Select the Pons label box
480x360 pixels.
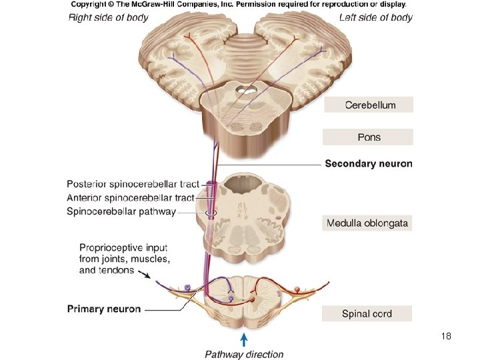pyautogui.click(x=368, y=137)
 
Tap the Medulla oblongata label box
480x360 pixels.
pyautogui.click(x=367, y=223)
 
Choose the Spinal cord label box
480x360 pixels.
pyautogui.click(x=367, y=313)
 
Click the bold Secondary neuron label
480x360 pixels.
pyautogui.click(x=368, y=163)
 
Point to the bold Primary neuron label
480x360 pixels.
pyautogui.click(x=104, y=309)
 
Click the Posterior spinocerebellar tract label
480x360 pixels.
pyautogui.click(x=133, y=184)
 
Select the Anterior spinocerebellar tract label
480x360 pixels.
pyautogui.click(x=131, y=198)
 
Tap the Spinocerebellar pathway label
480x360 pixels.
pyautogui.click(x=121, y=212)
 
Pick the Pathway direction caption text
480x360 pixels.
pyautogui.click(x=244, y=354)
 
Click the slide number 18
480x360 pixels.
pyautogui.click(x=446, y=336)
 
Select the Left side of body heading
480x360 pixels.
pyautogui.click(x=375, y=17)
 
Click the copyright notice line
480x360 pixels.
pyautogui.click(x=238, y=5)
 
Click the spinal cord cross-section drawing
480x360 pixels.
pyautogui.click(x=242, y=300)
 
